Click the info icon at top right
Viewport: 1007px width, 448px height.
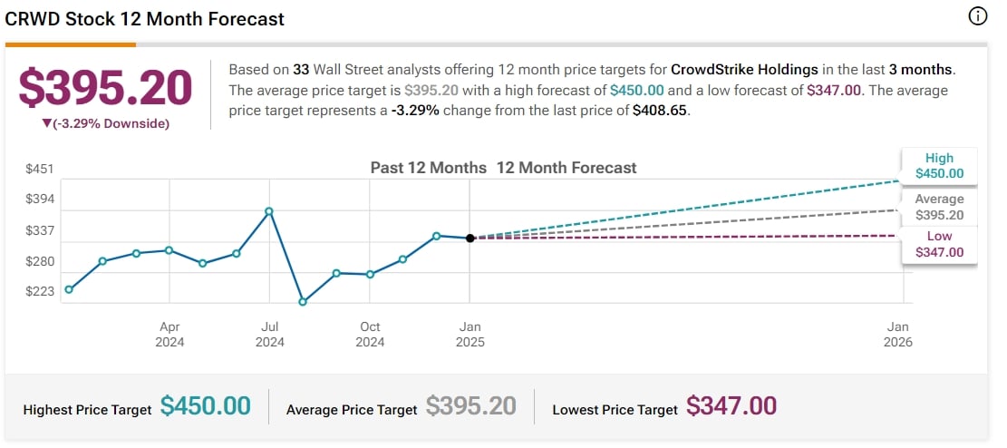click(x=977, y=16)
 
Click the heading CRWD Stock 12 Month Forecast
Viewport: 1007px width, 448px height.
click(x=145, y=19)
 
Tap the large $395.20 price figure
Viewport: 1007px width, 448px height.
click(x=106, y=88)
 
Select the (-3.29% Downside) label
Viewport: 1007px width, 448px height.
click(x=105, y=123)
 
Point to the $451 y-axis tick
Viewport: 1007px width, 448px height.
click(x=40, y=169)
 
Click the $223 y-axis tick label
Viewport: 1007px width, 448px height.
click(x=40, y=291)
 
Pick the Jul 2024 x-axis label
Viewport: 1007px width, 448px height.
click(x=269, y=334)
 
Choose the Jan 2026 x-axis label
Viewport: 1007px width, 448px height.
click(x=898, y=334)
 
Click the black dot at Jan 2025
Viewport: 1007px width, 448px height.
click(x=470, y=239)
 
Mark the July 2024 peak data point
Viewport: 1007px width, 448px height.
click(x=269, y=211)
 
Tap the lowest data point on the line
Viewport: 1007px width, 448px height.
click(x=303, y=302)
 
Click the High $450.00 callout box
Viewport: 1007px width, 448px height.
click(x=939, y=165)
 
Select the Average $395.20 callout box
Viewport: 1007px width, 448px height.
click(x=939, y=207)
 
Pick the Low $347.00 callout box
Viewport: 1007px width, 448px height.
click(x=939, y=244)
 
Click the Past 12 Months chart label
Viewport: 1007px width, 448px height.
click(x=428, y=168)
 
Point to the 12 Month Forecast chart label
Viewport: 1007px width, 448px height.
click(x=566, y=168)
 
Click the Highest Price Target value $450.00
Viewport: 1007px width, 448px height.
click(x=205, y=406)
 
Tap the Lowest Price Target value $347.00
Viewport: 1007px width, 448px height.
click(x=731, y=406)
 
